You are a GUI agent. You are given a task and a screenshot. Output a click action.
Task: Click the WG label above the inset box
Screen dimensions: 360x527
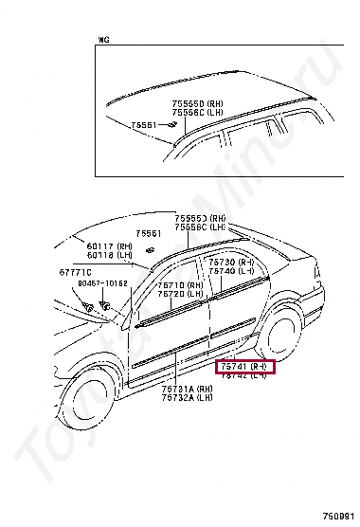pos(104,40)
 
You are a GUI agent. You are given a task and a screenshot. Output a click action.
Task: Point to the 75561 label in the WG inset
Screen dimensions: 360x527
pos(143,125)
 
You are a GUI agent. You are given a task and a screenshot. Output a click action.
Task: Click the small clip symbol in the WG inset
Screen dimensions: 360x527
pos(172,124)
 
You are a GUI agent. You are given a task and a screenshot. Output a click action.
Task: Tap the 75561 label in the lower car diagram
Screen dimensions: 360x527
pos(148,233)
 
